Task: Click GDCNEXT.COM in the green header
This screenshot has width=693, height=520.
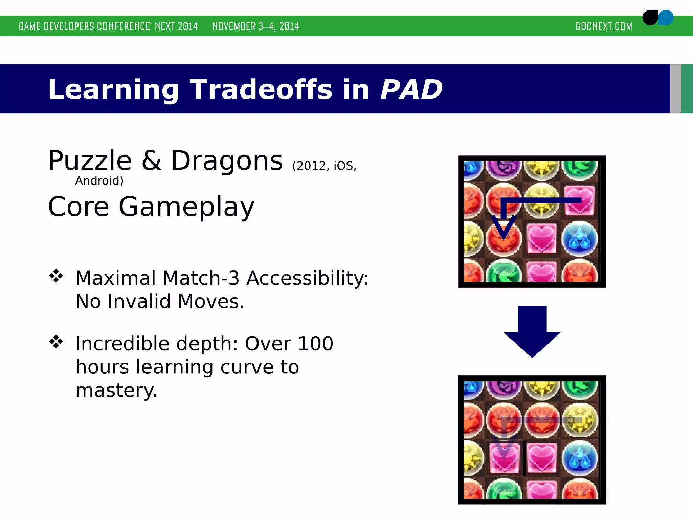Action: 603,26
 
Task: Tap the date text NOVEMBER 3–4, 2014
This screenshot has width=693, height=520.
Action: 255,26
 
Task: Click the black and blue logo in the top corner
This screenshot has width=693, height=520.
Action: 657,18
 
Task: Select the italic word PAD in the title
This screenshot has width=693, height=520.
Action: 411,89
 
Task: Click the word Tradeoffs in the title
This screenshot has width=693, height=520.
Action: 261,89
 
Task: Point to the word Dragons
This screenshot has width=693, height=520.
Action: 226,160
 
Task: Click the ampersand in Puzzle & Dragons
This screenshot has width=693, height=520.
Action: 151,160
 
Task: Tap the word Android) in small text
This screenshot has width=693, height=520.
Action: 99,181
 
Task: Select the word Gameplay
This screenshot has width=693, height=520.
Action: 186,207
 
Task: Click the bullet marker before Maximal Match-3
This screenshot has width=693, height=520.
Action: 56,276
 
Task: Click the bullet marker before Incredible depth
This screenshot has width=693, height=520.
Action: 56,342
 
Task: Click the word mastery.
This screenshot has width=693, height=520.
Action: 116,390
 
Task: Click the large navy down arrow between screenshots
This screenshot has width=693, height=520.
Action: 532,330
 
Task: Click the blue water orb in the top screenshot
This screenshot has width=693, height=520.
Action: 579,239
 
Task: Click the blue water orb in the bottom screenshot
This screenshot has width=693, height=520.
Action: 579,458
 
